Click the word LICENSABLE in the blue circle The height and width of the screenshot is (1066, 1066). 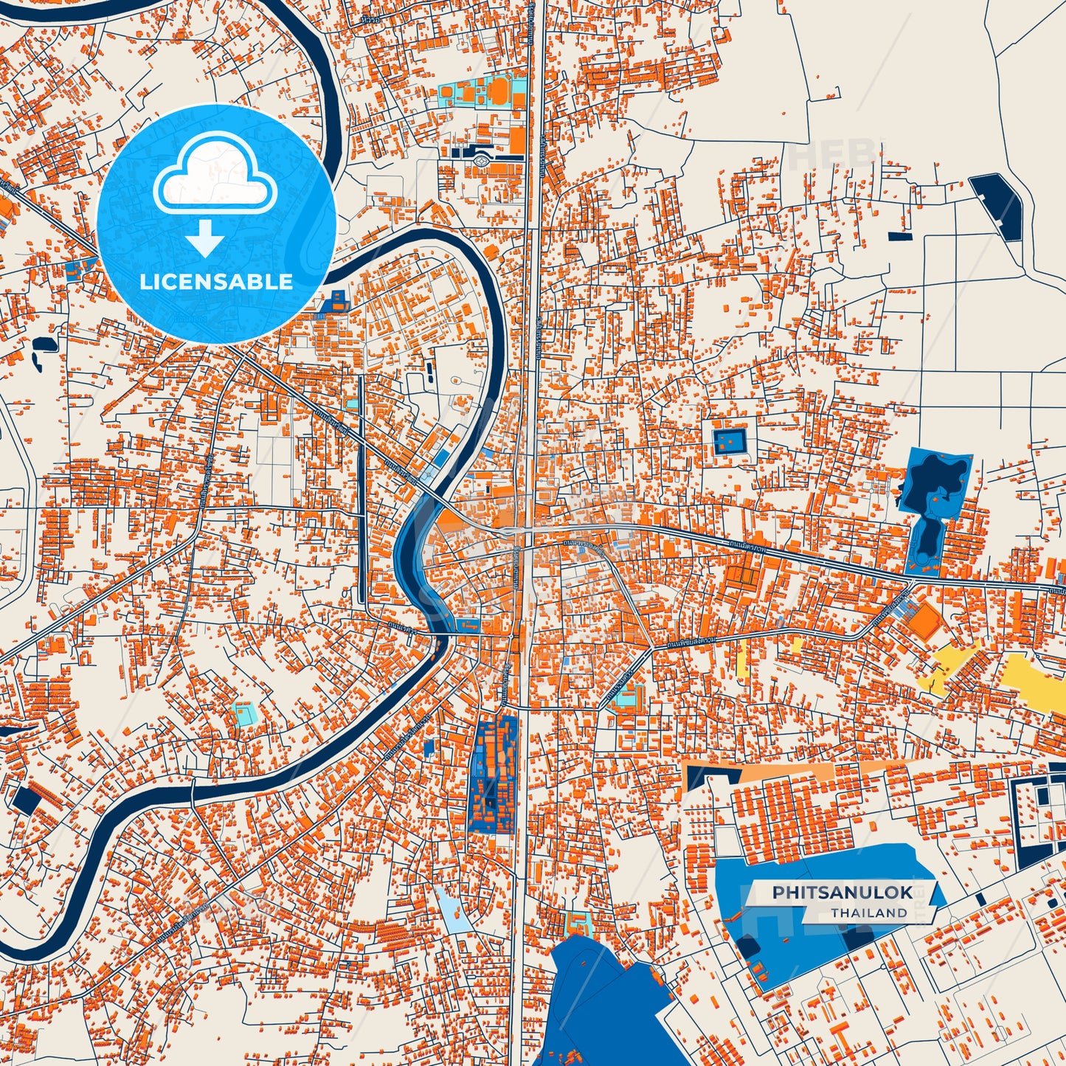[216, 282]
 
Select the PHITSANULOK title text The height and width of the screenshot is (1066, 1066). [842, 893]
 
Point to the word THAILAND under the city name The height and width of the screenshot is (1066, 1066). [869, 913]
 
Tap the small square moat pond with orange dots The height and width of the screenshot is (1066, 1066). [730, 442]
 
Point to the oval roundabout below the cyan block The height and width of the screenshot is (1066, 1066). [482, 158]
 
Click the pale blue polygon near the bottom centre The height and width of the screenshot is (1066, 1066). [451, 910]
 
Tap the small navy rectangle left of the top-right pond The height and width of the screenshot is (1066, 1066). [899, 236]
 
